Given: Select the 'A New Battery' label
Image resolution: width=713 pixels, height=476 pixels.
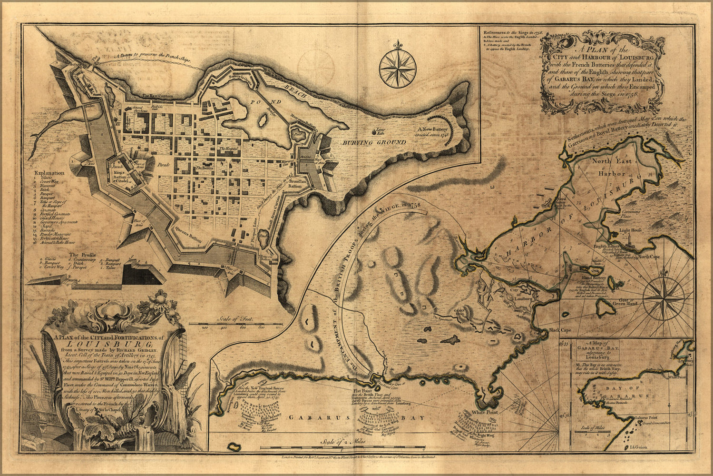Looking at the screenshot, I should click(x=432, y=129).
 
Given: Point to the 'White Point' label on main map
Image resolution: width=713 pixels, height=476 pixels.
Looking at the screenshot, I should click(x=485, y=412).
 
